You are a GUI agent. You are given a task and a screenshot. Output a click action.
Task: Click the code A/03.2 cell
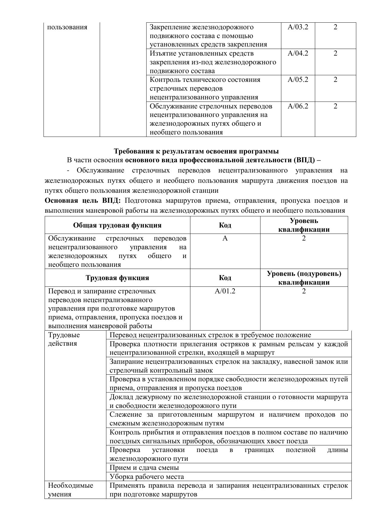298,27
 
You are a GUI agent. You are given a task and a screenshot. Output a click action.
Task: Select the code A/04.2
298,53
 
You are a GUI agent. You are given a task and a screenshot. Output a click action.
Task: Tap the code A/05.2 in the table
298,80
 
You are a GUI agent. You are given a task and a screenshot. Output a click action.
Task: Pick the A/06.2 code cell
298,106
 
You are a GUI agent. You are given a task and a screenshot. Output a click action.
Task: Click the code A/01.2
225,291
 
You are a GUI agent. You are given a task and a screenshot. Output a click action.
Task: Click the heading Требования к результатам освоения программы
196,151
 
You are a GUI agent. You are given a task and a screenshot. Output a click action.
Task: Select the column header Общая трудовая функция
117,225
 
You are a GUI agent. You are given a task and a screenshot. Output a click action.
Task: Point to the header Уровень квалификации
304,225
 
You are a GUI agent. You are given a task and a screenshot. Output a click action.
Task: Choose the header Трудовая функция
117,278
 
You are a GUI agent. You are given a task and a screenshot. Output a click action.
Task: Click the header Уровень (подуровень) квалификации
304,278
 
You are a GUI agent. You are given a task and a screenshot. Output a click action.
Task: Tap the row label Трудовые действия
64,339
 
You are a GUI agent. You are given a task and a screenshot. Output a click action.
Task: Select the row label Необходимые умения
71,490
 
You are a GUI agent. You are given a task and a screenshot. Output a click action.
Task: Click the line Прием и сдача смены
144,467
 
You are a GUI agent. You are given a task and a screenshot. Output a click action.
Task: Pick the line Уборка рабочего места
147,477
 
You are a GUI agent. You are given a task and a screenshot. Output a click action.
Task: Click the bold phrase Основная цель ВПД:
82,201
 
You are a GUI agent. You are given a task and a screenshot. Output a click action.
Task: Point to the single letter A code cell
225,238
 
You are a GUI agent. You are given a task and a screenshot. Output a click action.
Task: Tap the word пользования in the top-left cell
67,27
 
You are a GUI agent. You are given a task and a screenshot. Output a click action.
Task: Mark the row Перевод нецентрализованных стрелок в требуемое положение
210,335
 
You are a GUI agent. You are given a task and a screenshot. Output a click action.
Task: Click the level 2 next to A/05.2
335,80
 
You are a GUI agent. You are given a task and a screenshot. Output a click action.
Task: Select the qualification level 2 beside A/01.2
304,291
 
